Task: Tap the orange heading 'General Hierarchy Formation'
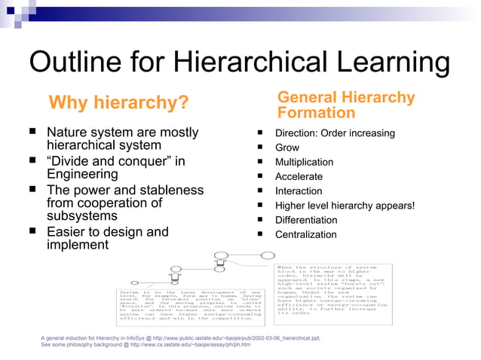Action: tap(346, 105)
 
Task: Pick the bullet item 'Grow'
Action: tap(287, 148)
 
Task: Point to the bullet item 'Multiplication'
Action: tap(304, 162)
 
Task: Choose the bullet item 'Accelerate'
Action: tap(299, 177)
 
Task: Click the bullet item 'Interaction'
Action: tap(299, 191)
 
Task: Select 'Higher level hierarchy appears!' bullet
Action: tap(345, 206)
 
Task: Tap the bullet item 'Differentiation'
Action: tap(306, 220)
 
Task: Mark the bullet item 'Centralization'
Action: tap(305, 235)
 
